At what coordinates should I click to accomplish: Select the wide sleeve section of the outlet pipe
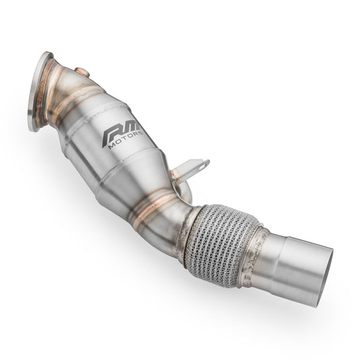coord(297,259)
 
